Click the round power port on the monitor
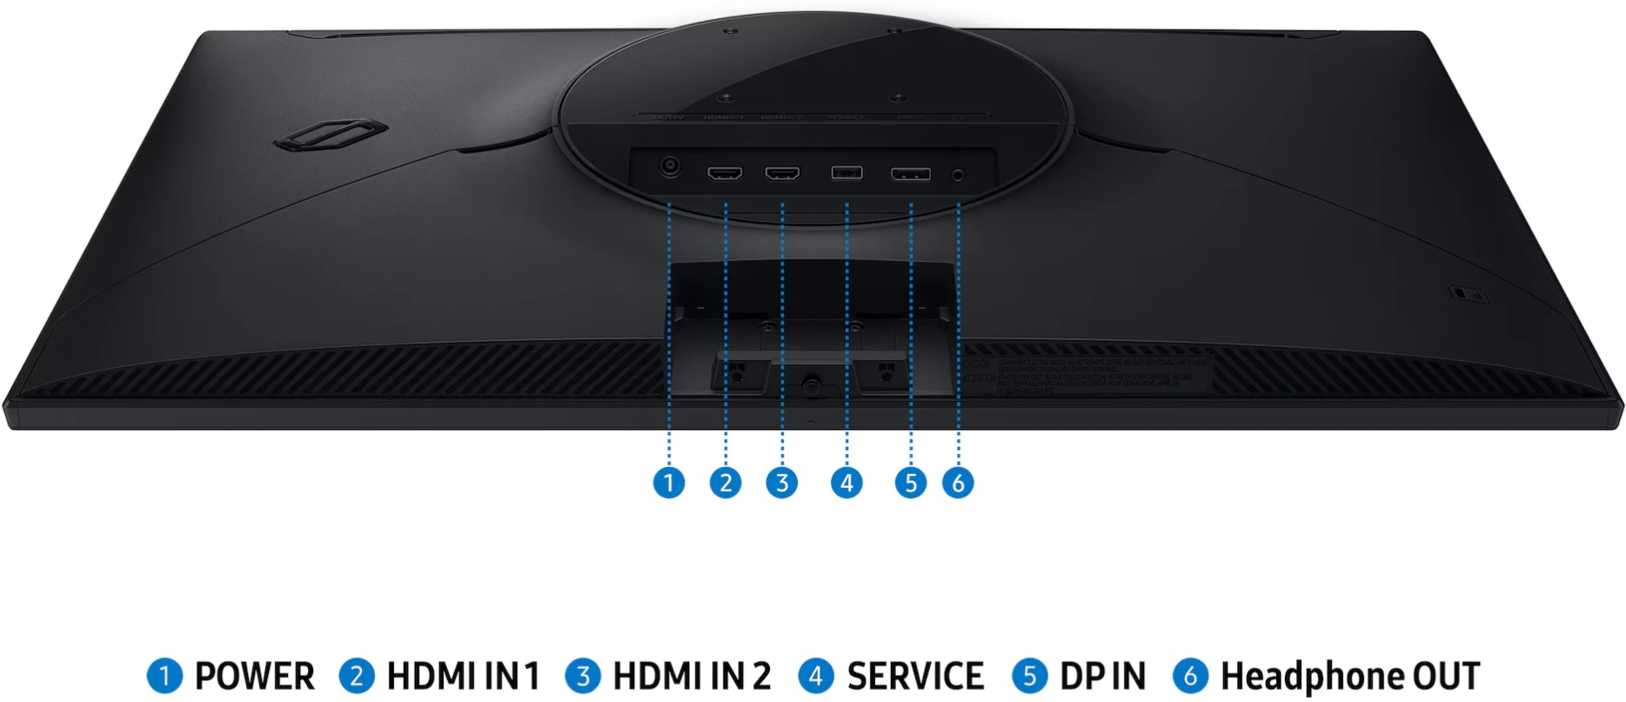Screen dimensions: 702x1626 click(x=669, y=166)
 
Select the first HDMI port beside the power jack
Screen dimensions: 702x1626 click(x=725, y=173)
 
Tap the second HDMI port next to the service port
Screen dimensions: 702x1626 click(x=782, y=173)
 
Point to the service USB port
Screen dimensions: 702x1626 click(x=846, y=172)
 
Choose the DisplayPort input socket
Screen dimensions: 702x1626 click(x=911, y=174)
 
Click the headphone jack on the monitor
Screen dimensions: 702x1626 click(x=959, y=175)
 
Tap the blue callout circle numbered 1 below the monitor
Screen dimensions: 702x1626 click(x=669, y=483)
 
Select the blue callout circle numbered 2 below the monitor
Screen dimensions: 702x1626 click(x=726, y=483)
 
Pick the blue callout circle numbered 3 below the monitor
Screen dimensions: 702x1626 click(x=782, y=483)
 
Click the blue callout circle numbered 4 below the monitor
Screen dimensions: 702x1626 click(x=846, y=483)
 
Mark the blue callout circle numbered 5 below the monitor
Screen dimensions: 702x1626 click(x=911, y=483)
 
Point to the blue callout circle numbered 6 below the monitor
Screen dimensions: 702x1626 click(x=958, y=483)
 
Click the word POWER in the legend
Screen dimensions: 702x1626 click(x=254, y=677)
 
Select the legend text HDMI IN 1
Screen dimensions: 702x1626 click(x=463, y=677)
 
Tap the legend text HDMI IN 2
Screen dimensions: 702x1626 click(x=692, y=677)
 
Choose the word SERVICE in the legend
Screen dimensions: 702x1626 click(x=915, y=677)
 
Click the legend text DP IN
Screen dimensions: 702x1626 click(x=1102, y=677)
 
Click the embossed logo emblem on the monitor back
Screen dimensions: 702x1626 click(x=330, y=135)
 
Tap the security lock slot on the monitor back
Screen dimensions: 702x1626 click(x=1461, y=293)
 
